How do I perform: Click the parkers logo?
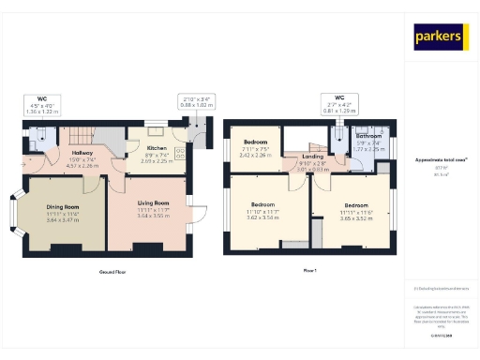(x=439, y=37)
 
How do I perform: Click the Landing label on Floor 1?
(x=312, y=157)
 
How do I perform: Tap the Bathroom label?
(x=367, y=136)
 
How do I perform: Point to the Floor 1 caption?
(x=310, y=272)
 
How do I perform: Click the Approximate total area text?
(x=440, y=160)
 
